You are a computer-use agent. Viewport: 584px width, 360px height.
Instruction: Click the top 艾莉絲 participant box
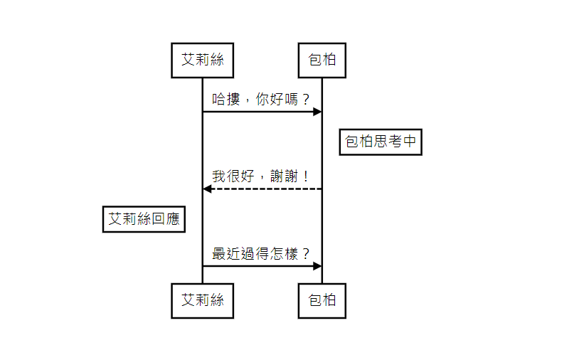[x=202, y=60]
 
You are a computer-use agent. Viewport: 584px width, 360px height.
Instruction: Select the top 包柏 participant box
[x=322, y=60]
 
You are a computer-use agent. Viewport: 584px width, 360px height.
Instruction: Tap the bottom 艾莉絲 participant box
[x=202, y=300]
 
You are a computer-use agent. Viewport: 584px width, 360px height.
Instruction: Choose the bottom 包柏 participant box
[x=322, y=300]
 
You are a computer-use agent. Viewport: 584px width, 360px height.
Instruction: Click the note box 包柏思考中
[x=380, y=142]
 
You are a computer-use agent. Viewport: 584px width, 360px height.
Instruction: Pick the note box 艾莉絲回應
[x=144, y=219]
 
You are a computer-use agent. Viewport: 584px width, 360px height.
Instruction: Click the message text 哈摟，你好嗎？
[x=262, y=98]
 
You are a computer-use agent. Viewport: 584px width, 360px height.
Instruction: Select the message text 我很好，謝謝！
[x=262, y=176]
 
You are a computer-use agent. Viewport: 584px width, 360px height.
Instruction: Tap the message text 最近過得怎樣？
[x=262, y=253]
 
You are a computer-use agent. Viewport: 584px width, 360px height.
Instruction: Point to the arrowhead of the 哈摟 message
[x=317, y=112]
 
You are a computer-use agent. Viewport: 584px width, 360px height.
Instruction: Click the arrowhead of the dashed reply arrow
[x=207, y=189]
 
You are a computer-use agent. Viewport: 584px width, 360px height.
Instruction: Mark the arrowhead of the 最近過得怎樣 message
[x=317, y=265]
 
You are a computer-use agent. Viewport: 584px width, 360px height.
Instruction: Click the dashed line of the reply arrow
[x=263, y=189]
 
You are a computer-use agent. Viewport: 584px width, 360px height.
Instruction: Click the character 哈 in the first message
[x=219, y=98]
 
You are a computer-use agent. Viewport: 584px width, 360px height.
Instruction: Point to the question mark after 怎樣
[x=306, y=253]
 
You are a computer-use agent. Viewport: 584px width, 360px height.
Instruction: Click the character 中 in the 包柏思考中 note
[x=409, y=142]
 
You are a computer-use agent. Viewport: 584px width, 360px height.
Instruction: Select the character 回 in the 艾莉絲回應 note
[x=158, y=219]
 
